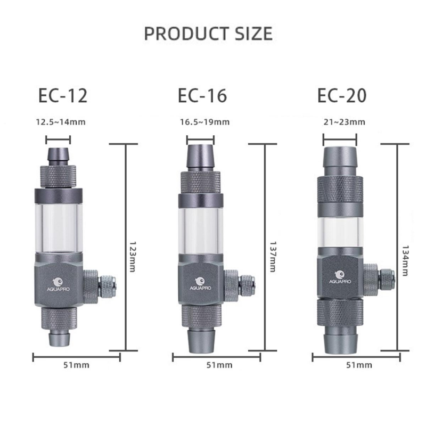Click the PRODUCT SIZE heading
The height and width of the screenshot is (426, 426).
208,34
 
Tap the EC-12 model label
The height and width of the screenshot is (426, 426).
63,95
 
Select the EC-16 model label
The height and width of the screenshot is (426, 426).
202,95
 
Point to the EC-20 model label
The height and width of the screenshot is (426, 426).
342,95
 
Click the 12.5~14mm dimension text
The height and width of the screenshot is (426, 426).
61,122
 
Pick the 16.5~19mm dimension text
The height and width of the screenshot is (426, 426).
205,122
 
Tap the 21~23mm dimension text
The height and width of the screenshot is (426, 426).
344,122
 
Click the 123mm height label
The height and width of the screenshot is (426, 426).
132,257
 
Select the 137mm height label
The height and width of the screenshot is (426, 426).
273,257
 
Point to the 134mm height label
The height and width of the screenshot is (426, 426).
405,261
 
